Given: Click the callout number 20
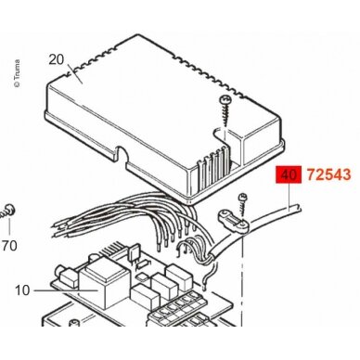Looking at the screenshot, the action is pos(56,59).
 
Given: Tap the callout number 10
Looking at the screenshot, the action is pos(22,290).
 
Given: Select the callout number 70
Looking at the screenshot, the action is pos(9,246).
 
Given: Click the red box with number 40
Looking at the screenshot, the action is pos(289,175).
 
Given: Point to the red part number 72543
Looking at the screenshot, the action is pos(328,175).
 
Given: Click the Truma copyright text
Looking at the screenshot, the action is pos(17,73).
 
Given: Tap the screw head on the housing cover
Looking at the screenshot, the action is pos(224,99).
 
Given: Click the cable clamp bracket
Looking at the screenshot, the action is pos(234,222).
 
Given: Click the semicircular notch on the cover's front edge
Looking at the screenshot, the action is pos(122,154).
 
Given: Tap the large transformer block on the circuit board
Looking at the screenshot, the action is pos(103,283).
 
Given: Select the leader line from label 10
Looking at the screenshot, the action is pos(66,290).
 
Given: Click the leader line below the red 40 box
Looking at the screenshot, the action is pos(289,198).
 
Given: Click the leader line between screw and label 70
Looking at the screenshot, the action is pos(9,226).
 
